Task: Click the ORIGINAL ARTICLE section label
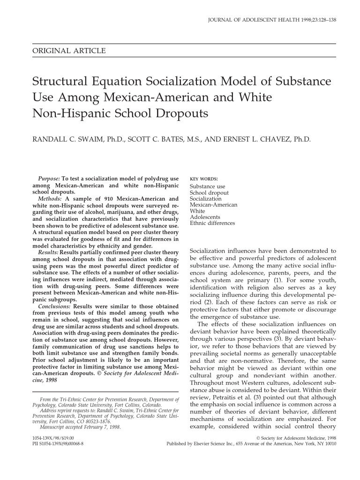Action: point(69,51)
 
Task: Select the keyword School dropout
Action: point(209,193)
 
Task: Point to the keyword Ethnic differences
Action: point(212,223)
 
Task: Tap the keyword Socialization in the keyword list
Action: point(205,199)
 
